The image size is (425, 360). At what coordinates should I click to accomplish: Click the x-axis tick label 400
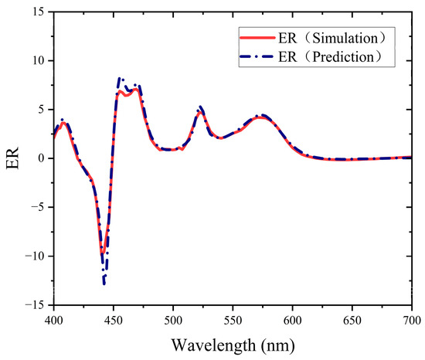point(53,319)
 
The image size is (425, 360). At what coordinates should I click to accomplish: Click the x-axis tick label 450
point(114,319)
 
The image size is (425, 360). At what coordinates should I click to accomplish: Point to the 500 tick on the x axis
point(173,319)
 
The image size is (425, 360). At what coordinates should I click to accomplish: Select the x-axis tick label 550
point(233,319)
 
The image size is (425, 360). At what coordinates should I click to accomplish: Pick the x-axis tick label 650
point(352,319)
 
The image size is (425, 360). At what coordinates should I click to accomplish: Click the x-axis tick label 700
point(411,319)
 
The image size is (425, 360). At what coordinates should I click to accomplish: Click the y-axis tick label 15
point(39,12)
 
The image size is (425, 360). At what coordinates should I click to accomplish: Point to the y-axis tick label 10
point(39,60)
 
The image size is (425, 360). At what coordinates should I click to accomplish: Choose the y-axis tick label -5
point(39,207)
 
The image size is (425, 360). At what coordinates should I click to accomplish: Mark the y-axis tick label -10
point(36,256)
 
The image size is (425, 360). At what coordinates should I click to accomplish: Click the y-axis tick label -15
point(36,305)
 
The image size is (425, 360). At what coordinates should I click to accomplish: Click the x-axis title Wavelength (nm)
point(233,342)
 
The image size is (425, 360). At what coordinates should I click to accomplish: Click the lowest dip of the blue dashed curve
point(104,284)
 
